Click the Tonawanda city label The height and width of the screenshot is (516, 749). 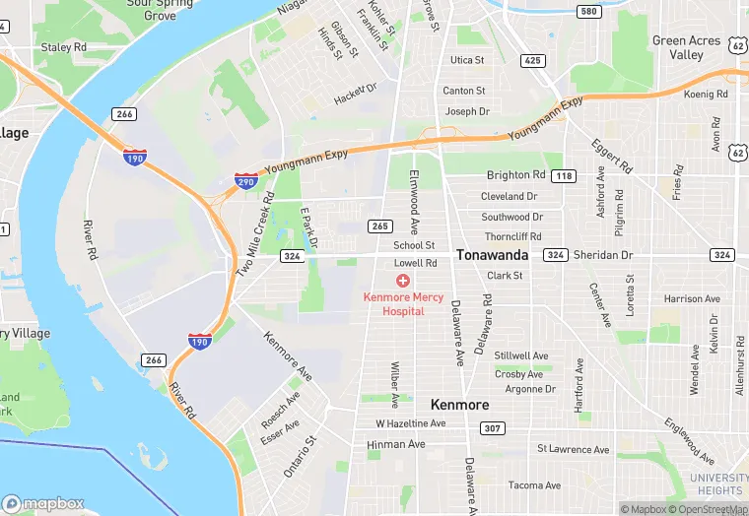492,254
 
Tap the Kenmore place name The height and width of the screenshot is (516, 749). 459,405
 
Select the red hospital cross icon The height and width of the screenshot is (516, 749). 402,282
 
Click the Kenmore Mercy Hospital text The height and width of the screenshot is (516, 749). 402,303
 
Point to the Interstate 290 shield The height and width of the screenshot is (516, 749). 246,180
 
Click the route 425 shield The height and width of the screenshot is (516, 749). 533,60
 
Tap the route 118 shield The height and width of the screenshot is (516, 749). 564,175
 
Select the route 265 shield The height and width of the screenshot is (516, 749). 379,226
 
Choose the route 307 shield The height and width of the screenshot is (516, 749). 492,428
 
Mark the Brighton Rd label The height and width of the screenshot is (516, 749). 515,175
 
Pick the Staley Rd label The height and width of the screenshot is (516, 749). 63,47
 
